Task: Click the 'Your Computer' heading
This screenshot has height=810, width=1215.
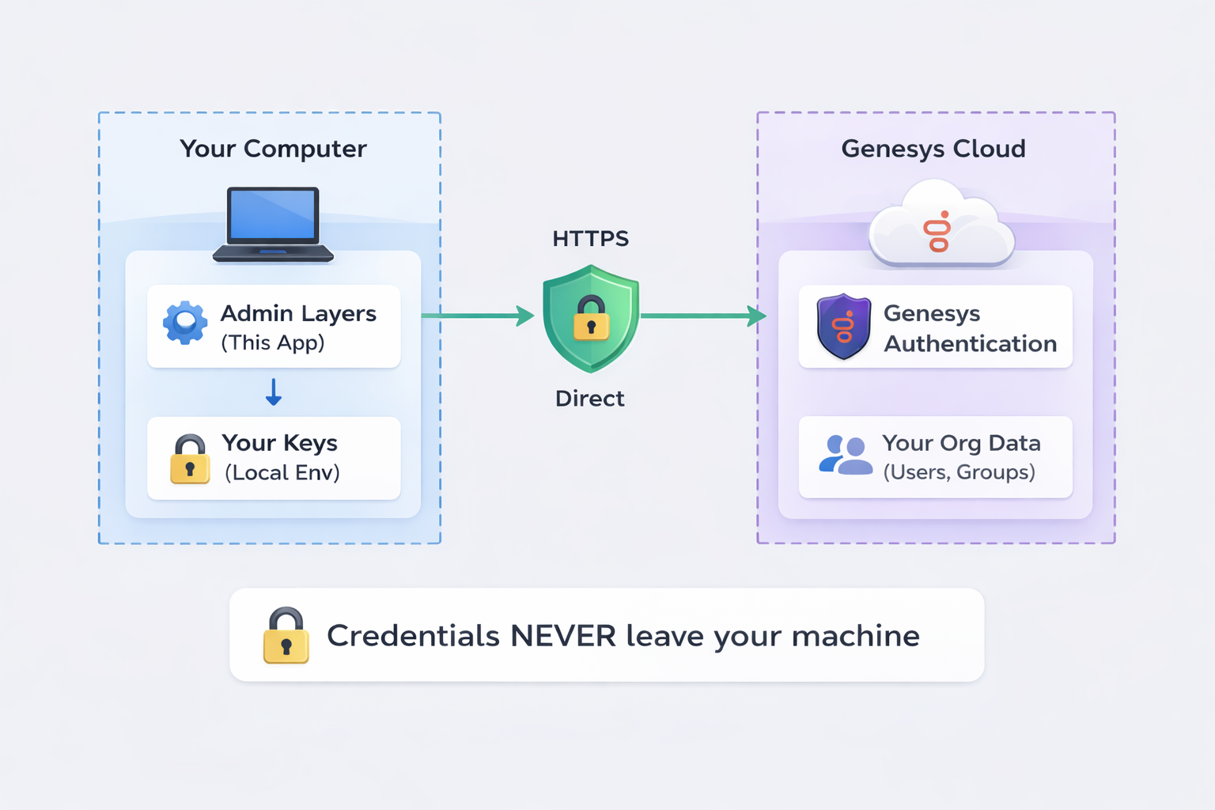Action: [x=273, y=149]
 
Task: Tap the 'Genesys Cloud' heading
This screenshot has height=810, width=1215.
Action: [x=933, y=149]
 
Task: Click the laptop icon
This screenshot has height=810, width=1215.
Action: [x=273, y=224]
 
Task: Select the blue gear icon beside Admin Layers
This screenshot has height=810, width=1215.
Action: [x=185, y=323]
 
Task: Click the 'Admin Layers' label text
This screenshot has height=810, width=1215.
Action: [x=298, y=313]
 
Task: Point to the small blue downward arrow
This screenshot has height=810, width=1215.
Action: [x=274, y=392]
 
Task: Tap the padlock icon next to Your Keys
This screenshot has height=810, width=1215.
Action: [x=190, y=459]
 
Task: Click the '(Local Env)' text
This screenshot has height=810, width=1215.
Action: [x=282, y=473]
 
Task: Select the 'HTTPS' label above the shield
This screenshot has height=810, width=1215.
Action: [x=590, y=239]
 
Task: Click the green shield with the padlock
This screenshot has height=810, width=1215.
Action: [x=591, y=318]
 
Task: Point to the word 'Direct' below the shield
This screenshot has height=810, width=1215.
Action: [x=589, y=399]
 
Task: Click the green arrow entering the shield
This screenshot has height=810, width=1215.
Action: [x=479, y=316]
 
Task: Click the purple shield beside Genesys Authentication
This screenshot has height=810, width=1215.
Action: [x=843, y=326]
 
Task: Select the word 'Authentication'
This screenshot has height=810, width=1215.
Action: [x=970, y=344]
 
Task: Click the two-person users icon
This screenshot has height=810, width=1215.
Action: [x=844, y=456]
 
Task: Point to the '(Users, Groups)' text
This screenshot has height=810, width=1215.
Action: [x=959, y=472]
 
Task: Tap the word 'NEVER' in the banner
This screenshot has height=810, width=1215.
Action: [x=563, y=636]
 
